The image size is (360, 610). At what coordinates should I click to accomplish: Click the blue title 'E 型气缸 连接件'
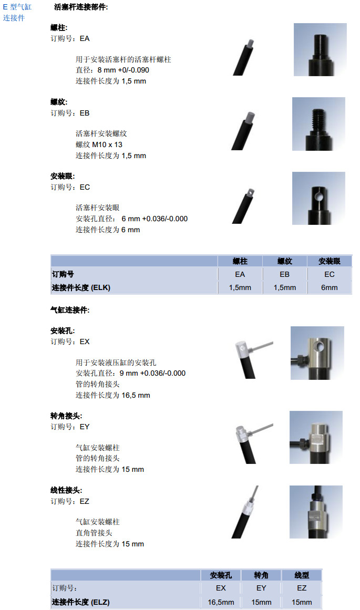[17, 13]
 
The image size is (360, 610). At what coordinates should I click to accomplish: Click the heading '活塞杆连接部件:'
[81, 7]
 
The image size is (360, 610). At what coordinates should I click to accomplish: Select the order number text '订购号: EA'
[70, 38]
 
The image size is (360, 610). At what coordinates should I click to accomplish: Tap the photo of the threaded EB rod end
[319, 123]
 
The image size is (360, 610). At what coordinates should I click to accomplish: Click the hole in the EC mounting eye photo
[319, 197]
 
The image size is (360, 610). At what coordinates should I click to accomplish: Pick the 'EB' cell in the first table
[284, 274]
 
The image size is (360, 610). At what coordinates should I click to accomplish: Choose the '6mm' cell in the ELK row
[329, 287]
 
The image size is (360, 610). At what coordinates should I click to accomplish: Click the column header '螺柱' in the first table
[240, 261]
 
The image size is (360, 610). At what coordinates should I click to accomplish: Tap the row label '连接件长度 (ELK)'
[81, 287]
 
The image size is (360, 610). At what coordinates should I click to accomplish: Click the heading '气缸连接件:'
[70, 310]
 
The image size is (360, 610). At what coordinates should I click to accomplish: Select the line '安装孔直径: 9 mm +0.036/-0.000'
[130, 373]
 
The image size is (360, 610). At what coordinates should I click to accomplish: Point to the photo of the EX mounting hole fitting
[317, 353]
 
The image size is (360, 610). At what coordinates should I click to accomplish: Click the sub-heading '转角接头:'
[66, 416]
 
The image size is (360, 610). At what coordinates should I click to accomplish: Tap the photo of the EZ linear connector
[316, 512]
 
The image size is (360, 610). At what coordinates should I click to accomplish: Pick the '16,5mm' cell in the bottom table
[221, 602]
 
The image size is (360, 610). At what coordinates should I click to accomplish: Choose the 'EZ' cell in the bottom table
[302, 588]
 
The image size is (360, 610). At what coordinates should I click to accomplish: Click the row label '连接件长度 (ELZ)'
[80, 602]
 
